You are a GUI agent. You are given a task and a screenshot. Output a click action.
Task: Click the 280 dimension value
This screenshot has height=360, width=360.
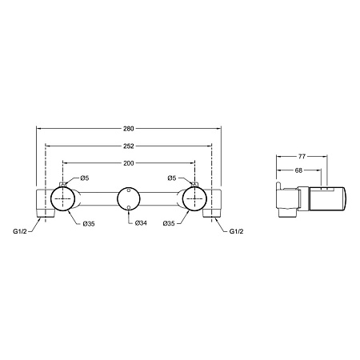pos(129,129)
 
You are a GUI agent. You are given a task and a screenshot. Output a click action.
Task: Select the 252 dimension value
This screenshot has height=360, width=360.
pos(129,146)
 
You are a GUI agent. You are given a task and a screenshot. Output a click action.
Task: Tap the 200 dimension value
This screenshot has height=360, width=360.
pos(129,163)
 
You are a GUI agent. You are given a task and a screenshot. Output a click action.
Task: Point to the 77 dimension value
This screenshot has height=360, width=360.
pos(302,157)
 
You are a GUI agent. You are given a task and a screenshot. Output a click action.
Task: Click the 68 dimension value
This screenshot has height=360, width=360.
pos(299,170)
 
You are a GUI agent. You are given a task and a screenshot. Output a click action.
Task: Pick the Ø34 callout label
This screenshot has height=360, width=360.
pos(141,223)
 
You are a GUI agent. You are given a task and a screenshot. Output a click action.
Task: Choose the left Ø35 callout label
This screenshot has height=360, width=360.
pos(89,224)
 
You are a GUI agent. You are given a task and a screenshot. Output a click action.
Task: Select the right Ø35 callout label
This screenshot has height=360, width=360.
pos(169,223)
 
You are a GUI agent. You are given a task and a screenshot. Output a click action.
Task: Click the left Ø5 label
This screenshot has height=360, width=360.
pos(85,178)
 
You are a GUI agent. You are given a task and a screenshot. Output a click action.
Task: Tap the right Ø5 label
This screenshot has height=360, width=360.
pos(172,178)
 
